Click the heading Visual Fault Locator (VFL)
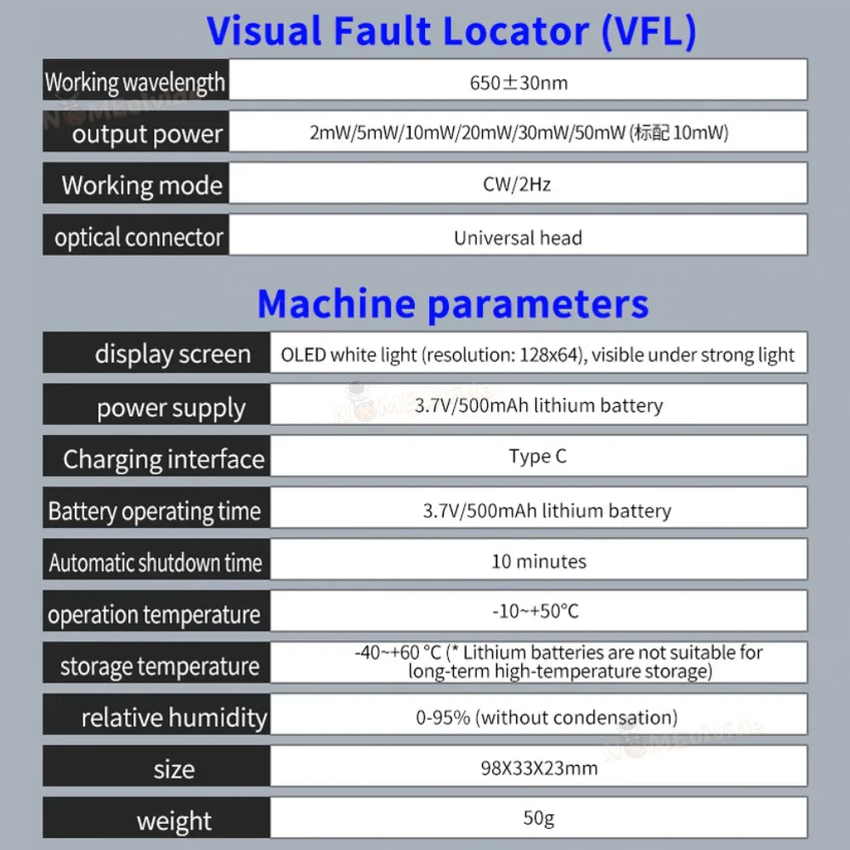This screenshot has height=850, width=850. point(451,31)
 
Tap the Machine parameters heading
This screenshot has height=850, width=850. point(452,303)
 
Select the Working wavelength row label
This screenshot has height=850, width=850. point(135,82)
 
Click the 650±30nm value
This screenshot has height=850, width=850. point(518,82)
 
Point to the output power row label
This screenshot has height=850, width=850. point(147,134)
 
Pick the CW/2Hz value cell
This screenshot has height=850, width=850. point(517,184)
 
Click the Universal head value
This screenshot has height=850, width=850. point(517,237)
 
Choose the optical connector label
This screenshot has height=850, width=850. point(139,237)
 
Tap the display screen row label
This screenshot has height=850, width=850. point(173,354)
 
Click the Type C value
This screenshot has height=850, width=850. point(537,456)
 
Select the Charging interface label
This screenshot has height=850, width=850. point(163,460)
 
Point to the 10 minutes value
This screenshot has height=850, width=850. point(538,561)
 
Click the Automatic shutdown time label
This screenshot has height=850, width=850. point(156,563)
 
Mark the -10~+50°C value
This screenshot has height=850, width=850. point(537,611)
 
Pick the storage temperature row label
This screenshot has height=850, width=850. point(160,666)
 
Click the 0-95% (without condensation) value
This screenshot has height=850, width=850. point(547,717)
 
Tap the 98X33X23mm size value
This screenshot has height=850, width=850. point(538,768)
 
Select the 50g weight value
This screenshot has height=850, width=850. point(538,819)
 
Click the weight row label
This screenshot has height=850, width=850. point(174,821)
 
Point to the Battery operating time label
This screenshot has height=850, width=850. point(154,512)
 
